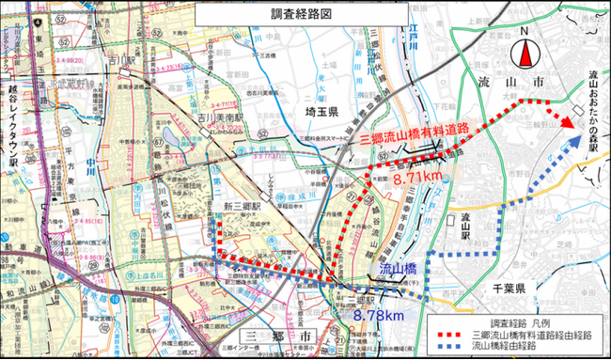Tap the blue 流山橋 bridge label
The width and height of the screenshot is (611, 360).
396,270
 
